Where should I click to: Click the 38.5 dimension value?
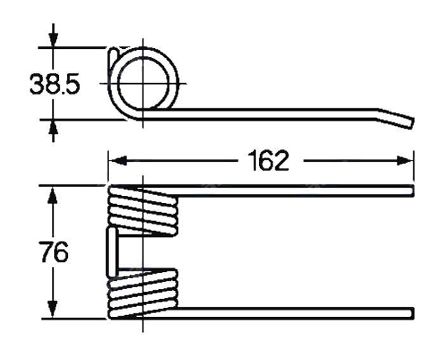coord(55,84)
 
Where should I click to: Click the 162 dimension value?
coord(268,161)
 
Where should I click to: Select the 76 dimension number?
coord(54,252)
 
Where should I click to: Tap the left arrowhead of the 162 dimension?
coord(118,160)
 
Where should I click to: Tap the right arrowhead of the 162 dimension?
coord(405,160)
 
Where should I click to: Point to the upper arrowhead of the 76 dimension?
coord(53,195)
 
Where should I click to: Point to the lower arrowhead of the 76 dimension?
coord(53,309)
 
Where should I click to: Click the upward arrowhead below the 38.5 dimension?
coord(53,127)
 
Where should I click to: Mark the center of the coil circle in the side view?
coord(143,84)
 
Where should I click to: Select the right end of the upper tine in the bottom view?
coord(413,190)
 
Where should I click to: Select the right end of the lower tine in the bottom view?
coord(413,312)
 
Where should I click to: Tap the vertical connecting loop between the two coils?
coord(112,252)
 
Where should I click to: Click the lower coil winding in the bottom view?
coord(143,294)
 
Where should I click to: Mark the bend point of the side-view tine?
coord(377,114)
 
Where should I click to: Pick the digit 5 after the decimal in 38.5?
coord(72,84)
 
